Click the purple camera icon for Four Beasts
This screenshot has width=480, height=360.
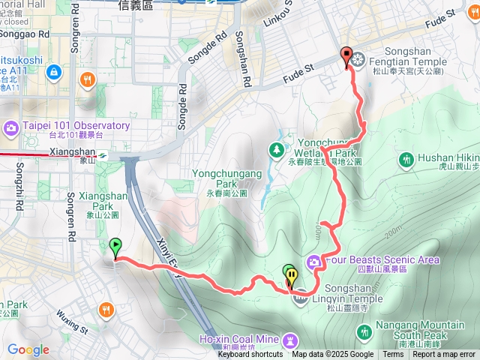click(313, 261)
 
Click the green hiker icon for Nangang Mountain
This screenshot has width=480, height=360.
click(364, 331)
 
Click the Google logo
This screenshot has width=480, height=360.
click(28, 349)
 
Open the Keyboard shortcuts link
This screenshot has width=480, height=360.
click(250, 355)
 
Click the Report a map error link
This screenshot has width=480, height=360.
click(443, 355)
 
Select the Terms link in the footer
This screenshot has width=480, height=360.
click(393, 355)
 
